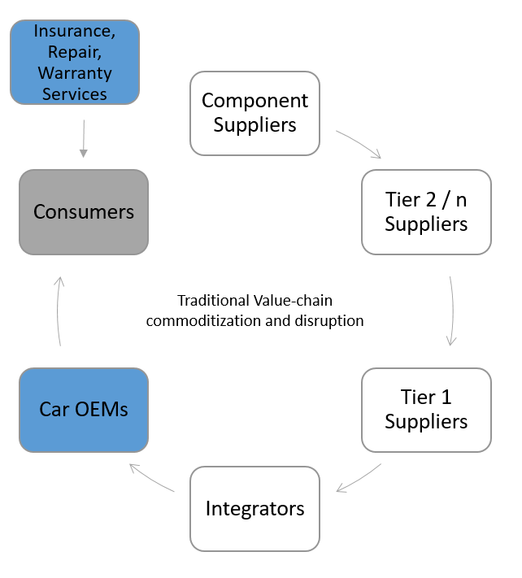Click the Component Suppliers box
click(x=254, y=113)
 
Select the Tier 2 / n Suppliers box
click(x=426, y=211)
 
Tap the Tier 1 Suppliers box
click(x=426, y=410)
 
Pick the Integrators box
click(x=254, y=509)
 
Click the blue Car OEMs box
click(x=84, y=409)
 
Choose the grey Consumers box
click(x=84, y=212)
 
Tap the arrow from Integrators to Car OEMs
click(x=152, y=478)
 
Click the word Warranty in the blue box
click(x=74, y=73)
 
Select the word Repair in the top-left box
click(x=74, y=53)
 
